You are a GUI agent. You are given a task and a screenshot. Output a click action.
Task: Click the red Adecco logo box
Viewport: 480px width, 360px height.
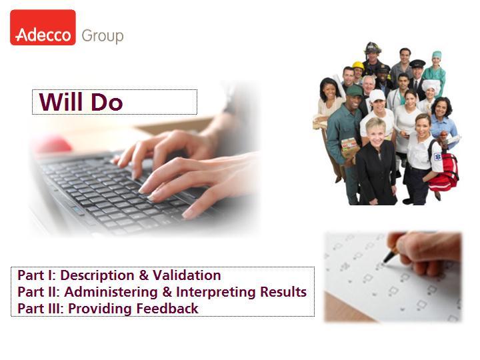click(x=43, y=27)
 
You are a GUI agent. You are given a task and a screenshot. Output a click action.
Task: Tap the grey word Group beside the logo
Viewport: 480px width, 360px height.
click(x=103, y=37)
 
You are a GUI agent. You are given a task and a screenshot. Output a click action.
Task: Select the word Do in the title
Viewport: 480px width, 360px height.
click(x=107, y=101)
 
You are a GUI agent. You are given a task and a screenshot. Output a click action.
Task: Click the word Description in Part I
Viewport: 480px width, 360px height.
click(x=97, y=275)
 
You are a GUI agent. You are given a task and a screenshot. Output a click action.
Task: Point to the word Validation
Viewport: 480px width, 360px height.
click(x=187, y=275)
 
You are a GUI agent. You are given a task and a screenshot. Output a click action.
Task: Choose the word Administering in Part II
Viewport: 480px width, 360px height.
click(x=111, y=292)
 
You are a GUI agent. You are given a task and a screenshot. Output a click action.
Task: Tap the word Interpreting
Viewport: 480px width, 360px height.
click(x=216, y=292)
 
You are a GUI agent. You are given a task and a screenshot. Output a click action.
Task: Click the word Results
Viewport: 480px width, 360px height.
click(x=283, y=292)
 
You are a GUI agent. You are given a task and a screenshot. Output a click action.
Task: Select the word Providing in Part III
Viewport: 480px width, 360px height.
click(x=101, y=309)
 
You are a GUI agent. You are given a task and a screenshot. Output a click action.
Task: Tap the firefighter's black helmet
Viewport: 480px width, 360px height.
click(x=373, y=47)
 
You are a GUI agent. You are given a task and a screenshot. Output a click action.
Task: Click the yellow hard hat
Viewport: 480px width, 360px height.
click(x=358, y=65)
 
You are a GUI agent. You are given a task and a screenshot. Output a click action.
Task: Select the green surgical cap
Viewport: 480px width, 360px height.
click(x=437, y=55)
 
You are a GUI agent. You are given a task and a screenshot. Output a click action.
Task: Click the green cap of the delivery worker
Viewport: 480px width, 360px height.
click(x=355, y=91)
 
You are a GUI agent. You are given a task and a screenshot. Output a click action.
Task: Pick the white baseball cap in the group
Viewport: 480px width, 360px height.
click(x=377, y=95)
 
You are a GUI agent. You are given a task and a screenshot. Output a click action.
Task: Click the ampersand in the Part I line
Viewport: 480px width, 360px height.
click(x=143, y=275)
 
